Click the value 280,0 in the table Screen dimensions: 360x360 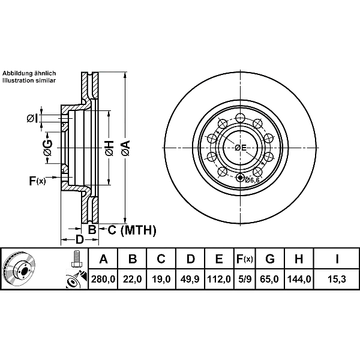click(103, 279)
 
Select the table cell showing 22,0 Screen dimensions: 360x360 click(132, 279)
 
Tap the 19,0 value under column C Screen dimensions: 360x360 click(161, 279)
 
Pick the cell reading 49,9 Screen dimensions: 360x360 click(190, 279)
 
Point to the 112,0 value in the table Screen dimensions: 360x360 click(219, 279)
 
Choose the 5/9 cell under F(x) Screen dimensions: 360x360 click(245, 279)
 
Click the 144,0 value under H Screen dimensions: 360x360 click(299, 279)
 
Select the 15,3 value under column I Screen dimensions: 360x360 click(337, 279)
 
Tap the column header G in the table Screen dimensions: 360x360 click(270, 259)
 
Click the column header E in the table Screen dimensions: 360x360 click(219, 259)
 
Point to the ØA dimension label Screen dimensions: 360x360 click(126, 148)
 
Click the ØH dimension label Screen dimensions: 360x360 click(110, 148)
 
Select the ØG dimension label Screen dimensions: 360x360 click(48, 148)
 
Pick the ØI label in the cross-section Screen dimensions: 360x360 click(32, 118)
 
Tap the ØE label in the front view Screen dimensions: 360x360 click(241, 148)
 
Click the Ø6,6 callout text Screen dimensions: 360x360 click(252, 180)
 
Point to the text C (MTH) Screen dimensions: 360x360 click(132, 230)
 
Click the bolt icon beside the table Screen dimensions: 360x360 click(76, 259)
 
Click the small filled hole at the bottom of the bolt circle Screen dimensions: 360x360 click(240, 178)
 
